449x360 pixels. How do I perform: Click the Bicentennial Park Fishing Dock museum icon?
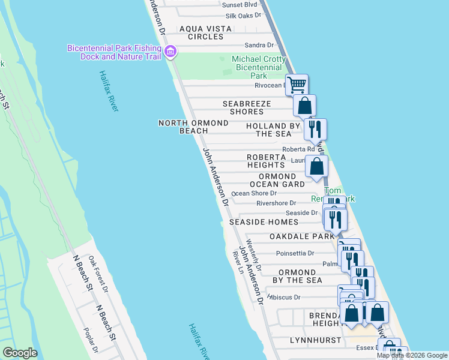[x=170, y=52]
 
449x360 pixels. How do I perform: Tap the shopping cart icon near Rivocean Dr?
[x=297, y=85]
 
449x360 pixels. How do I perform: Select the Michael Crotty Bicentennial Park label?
[x=258, y=67]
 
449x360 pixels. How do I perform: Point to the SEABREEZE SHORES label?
[x=247, y=108]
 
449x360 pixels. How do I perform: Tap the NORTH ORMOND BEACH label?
[x=193, y=127]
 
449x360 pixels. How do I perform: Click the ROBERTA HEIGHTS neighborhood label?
[x=265, y=161]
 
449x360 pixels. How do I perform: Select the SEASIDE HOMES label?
[x=264, y=222]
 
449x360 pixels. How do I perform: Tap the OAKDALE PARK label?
[x=301, y=236]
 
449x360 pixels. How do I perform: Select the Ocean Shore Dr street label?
[x=254, y=193]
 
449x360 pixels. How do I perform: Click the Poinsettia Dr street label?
[x=295, y=253]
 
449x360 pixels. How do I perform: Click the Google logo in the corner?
[x=20, y=353]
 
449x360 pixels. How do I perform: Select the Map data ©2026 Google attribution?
[x=412, y=355]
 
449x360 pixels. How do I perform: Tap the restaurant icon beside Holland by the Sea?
[x=315, y=129]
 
